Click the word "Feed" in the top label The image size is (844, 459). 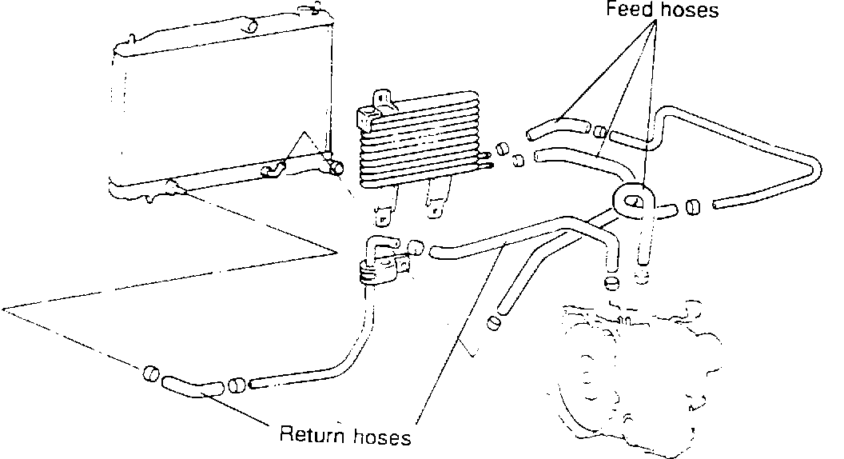coord(625,10)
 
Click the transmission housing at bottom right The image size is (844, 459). coord(631,368)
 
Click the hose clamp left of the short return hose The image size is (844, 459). coord(149,373)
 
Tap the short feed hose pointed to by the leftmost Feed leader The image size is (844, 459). coord(556,126)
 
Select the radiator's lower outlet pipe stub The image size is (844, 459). coord(334,167)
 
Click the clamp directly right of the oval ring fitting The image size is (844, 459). coord(691,207)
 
